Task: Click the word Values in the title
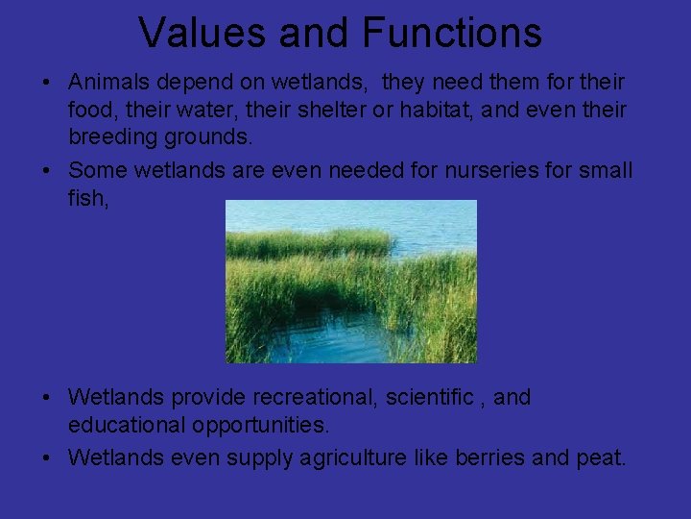click(199, 33)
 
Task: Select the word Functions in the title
click(452, 33)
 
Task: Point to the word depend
click(195, 84)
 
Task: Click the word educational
click(125, 424)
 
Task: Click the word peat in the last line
click(602, 457)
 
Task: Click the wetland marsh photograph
click(350, 281)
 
